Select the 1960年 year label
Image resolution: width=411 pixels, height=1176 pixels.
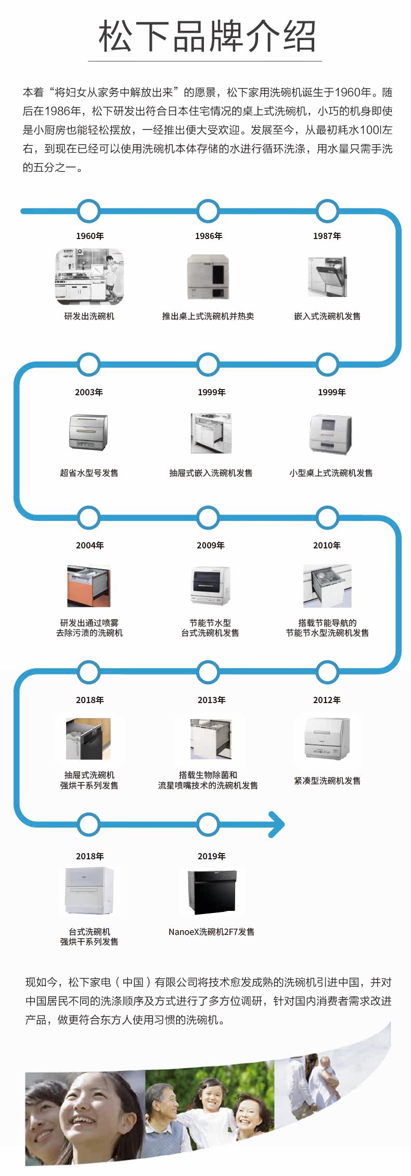90,236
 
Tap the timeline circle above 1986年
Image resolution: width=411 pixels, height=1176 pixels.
208,211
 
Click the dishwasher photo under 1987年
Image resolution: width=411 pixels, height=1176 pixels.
327,276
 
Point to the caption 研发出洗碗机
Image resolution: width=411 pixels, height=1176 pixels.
89,316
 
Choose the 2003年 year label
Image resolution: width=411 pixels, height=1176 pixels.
89,392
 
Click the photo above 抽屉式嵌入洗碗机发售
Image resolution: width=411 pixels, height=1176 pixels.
211,433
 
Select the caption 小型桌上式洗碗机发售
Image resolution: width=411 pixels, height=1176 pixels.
331,473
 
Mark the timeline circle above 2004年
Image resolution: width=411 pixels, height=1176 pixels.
89,518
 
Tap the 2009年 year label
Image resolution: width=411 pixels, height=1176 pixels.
211,545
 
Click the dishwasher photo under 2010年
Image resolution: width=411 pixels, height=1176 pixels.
327,585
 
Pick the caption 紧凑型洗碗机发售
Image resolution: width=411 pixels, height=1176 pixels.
327,781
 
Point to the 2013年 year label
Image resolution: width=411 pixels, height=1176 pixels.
212,700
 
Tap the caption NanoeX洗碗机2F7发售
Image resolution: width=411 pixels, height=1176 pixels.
211,932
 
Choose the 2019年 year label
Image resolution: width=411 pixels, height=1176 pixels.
212,856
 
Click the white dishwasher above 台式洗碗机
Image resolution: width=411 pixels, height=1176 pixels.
89,891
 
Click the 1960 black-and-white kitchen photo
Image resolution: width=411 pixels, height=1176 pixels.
89,277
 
